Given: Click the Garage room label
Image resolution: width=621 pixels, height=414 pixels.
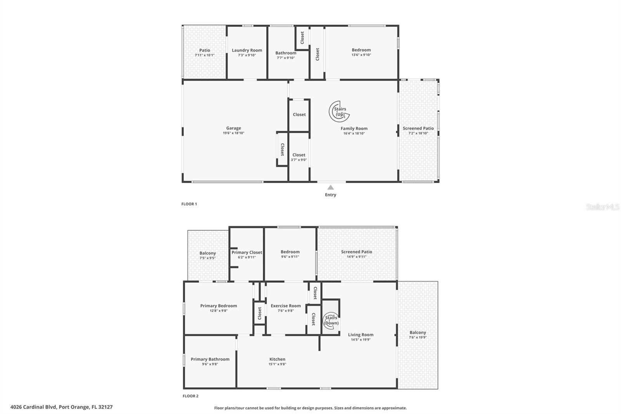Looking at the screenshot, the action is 233,128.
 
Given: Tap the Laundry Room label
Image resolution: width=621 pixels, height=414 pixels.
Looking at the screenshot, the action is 247,50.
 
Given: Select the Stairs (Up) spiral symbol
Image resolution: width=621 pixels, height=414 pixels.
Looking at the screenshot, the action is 339,111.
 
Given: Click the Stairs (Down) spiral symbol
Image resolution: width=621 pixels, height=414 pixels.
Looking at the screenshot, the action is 331,320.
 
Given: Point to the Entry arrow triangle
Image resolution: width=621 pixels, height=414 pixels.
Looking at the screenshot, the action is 330,187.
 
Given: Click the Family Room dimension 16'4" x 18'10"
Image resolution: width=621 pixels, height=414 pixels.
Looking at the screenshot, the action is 354,134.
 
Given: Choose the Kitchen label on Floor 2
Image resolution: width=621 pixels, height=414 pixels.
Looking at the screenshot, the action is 277,359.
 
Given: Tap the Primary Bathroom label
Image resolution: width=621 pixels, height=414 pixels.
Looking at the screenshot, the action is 210,359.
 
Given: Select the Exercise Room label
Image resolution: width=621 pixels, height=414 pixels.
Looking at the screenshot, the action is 286,306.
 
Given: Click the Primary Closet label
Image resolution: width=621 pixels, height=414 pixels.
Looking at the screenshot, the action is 247,252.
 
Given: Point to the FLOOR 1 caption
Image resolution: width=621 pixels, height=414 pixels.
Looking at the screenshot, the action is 189,204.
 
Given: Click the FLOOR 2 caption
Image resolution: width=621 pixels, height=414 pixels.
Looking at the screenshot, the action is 191,396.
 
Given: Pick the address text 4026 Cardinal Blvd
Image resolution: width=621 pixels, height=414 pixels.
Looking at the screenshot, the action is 33,407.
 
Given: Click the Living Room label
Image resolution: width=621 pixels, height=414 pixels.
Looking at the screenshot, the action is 361,335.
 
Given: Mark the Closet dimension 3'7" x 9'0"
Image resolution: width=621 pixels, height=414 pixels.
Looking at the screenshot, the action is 298,160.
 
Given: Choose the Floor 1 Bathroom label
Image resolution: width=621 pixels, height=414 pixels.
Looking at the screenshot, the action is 286,53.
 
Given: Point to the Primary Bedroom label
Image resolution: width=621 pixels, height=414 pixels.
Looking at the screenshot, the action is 219,306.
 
